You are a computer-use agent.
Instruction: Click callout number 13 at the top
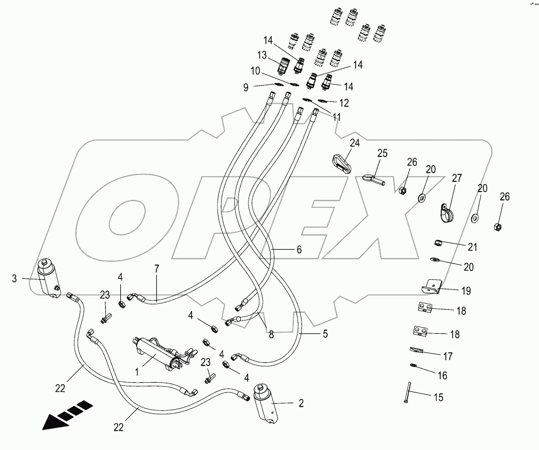click(x=262, y=55)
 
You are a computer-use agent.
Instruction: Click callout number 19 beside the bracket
click(x=465, y=291)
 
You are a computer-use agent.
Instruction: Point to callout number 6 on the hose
click(x=299, y=250)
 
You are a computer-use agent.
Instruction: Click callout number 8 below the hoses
click(x=271, y=335)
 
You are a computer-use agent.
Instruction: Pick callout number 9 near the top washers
click(x=246, y=88)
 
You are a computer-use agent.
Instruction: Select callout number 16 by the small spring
click(x=442, y=376)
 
